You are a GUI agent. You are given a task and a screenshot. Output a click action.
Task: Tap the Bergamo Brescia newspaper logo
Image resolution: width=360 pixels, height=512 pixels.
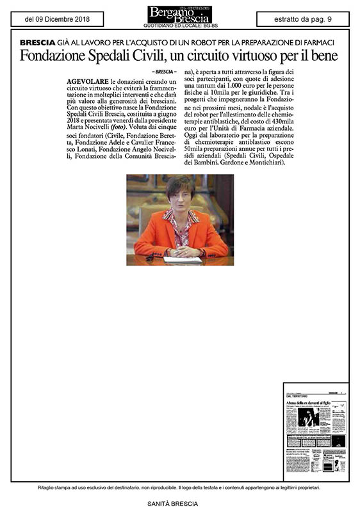pyautogui.click(x=179, y=13)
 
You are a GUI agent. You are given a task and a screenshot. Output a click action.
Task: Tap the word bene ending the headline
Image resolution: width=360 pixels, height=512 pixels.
pyautogui.click(x=325, y=56)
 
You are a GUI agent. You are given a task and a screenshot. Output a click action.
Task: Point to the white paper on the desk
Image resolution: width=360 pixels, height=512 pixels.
pyautogui.click(x=183, y=260)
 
